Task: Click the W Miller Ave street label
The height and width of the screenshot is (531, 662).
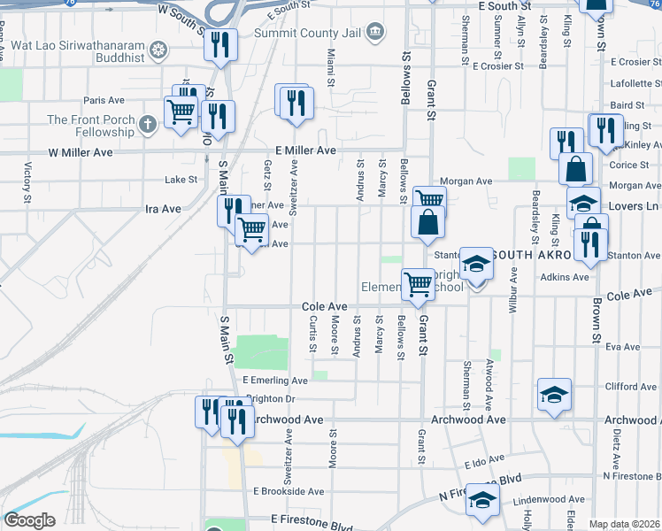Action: pyautogui.click(x=81, y=152)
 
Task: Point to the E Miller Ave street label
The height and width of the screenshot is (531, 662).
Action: pyautogui.click(x=305, y=151)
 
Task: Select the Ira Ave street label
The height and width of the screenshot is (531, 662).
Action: pyautogui.click(x=163, y=210)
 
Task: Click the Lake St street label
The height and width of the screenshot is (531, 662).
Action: pyautogui.click(x=181, y=180)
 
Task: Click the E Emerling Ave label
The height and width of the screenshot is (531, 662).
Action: pyautogui.click(x=274, y=381)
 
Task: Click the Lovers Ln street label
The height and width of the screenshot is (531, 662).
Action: pyautogui.click(x=640, y=206)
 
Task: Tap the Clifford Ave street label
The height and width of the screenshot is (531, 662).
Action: pyautogui.click(x=631, y=387)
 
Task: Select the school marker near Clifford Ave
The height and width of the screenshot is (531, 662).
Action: pyautogui.click(x=555, y=394)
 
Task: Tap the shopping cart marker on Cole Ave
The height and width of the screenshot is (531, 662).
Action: pyautogui.click(x=419, y=285)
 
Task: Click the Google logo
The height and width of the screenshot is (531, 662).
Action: pyautogui.click(x=29, y=520)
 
